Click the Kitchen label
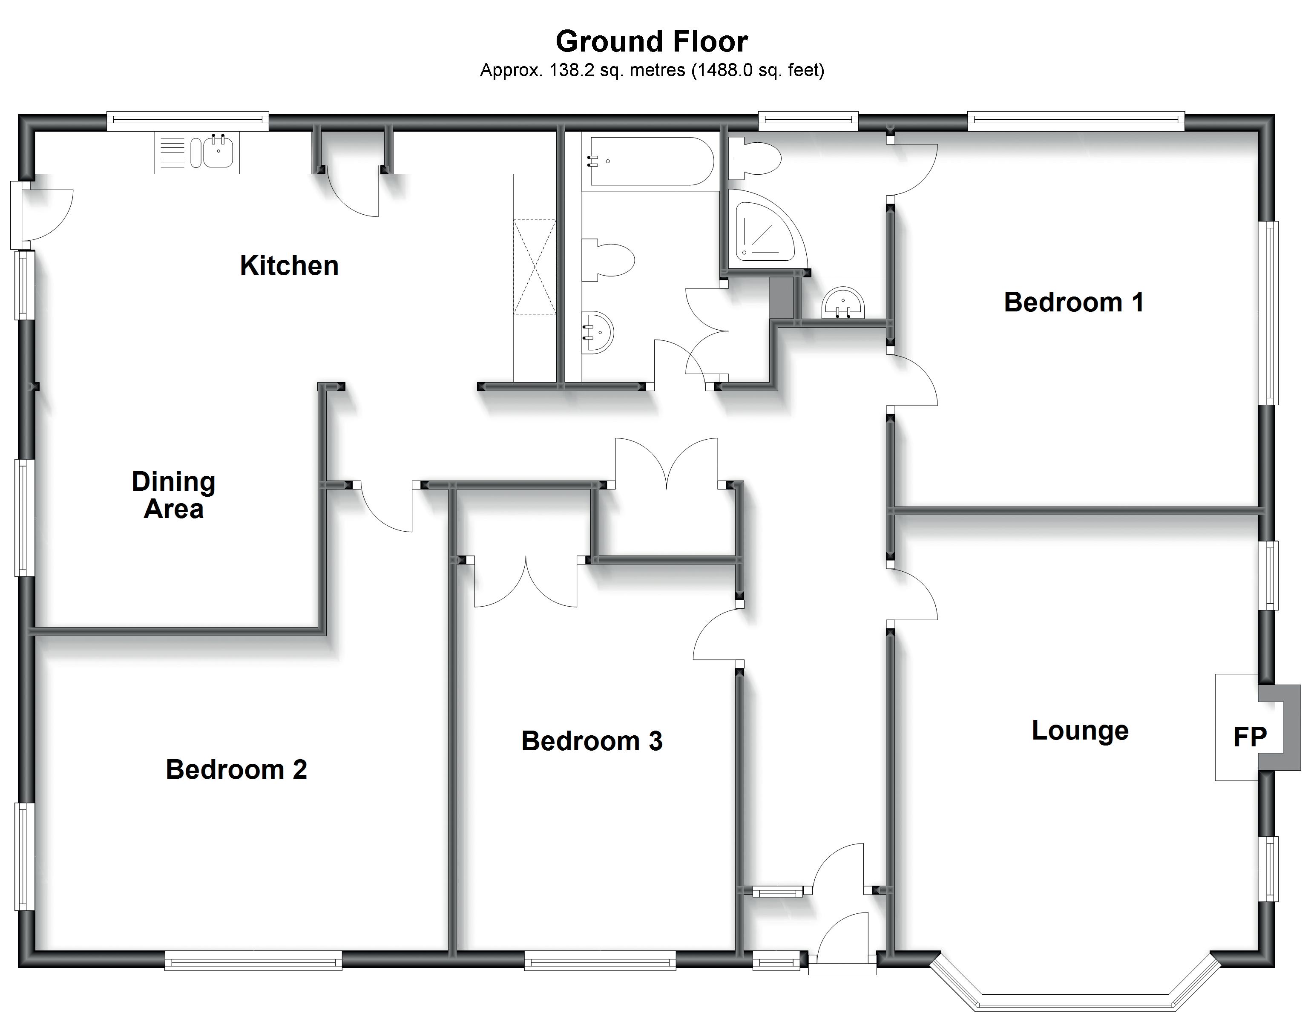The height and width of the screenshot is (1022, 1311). click(289, 265)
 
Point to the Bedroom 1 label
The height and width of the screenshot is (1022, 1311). click(1073, 302)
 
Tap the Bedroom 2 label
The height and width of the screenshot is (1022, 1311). click(236, 769)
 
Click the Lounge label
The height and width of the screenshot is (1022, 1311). click(1080, 730)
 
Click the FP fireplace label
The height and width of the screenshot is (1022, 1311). click(1250, 737)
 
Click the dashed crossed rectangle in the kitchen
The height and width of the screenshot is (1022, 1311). click(534, 267)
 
